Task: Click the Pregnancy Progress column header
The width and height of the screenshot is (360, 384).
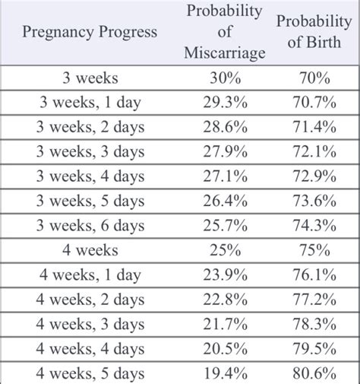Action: coord(90,32)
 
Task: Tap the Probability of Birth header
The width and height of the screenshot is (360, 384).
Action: coord(314,32)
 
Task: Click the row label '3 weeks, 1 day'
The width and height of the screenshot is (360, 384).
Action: coord(90,100)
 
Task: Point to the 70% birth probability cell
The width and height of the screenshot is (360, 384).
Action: coord(314,78)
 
